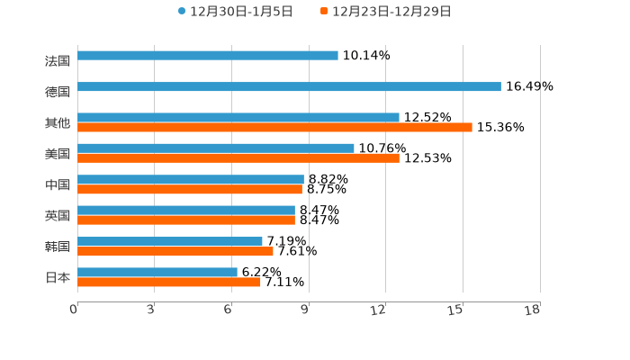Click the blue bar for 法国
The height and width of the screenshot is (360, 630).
coord(208,56)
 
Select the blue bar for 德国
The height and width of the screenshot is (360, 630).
coord(289,87)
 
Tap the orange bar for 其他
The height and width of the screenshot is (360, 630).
coord(274,128)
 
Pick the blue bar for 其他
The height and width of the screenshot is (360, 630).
coord(238,118)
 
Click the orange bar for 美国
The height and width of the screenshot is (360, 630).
coord(238,158)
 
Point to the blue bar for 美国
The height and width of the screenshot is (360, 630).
coord(216,148)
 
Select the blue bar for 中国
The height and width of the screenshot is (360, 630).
coord(191,179)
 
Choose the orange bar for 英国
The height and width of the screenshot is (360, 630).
coord(186,220)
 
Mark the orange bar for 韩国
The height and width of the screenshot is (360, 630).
coord(175,251)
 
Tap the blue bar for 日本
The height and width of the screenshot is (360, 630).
coord(157,272)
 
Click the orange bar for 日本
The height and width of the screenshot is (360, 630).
coord(169,282)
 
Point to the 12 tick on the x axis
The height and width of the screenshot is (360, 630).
coord(379,310)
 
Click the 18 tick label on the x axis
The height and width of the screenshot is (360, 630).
coord(533,310)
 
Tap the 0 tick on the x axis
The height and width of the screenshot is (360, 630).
coord(74,310)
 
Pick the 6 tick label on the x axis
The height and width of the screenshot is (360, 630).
coord(229,310)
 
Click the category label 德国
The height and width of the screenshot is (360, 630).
coord(58,92)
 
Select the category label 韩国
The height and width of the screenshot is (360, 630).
coord(58,247)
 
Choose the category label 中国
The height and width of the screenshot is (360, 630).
coord(58,184)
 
